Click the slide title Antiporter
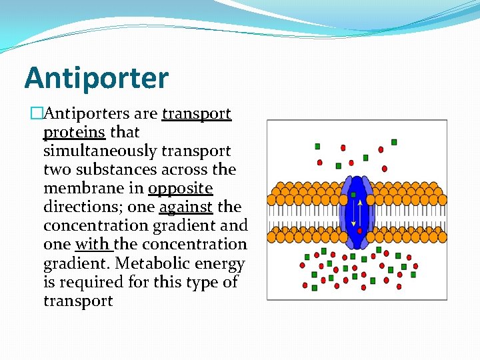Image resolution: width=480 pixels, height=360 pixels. tap(97, 78)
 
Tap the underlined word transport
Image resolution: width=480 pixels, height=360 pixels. tap(197, 114)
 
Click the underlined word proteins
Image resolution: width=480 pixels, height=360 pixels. tap(74, 133)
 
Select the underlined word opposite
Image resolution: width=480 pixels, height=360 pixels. tap(180, 189)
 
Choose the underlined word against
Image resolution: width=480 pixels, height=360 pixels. tap(185, 207)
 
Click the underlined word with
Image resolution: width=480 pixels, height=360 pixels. tap(93, 245)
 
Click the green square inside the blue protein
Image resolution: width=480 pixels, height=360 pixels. tap(353, 195)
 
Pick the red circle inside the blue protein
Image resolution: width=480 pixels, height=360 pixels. tap(360, 231)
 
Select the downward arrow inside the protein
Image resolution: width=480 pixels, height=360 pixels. tap(354, 213)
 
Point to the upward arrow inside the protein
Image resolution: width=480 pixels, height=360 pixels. tap(361, 211)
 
